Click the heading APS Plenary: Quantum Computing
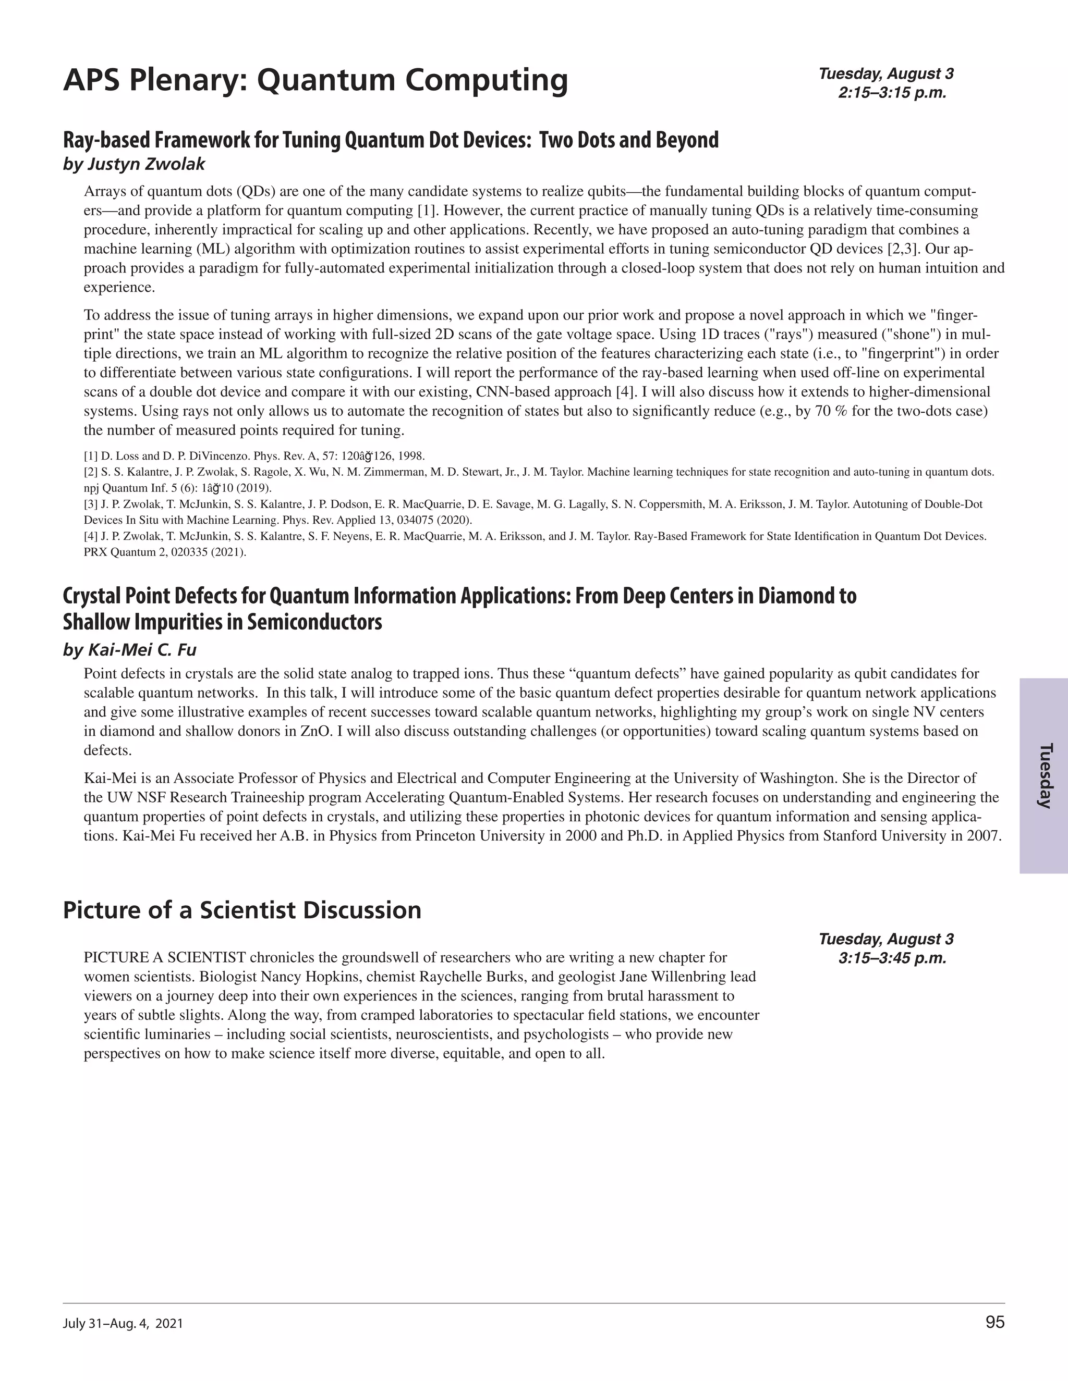pos(315,81)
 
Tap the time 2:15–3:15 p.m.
pos(892,93)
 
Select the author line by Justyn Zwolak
pos(134,164)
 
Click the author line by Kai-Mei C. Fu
pos(130,649)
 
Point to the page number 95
pos(994,1323)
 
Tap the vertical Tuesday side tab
pos(1045,776)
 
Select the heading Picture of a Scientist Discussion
pos(241,910)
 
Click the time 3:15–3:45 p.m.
pos(892,958)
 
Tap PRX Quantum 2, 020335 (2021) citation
pos(164,552)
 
